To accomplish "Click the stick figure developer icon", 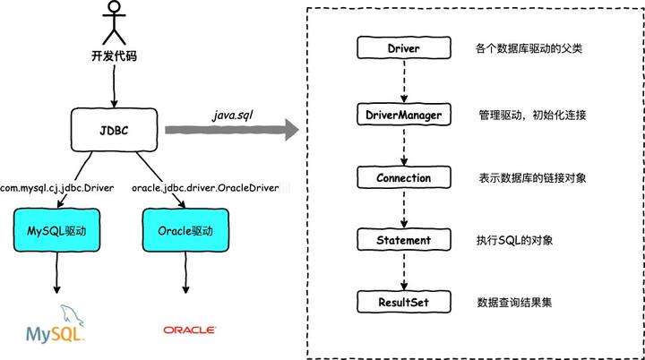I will point(114,25).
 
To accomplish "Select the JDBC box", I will point(114,128).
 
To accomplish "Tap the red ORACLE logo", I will point(189,330).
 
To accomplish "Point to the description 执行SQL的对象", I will point(515,240).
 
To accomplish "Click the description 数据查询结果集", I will point(515,303).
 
